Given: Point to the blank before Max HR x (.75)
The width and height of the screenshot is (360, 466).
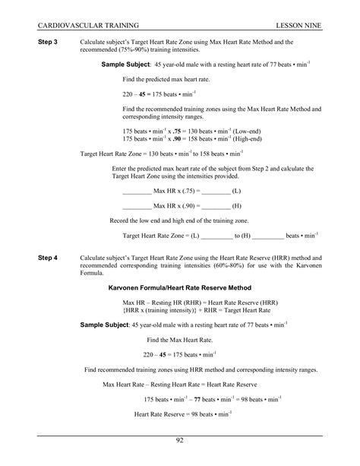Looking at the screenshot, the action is click(x=137, y=190).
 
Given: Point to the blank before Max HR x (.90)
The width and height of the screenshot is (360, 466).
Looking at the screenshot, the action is click(x=137, y=206).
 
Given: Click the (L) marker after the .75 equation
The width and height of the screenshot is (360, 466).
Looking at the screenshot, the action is click(x=237, y=190).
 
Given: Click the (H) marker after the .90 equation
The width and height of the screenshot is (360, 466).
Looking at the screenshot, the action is click(x=237, y=206).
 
